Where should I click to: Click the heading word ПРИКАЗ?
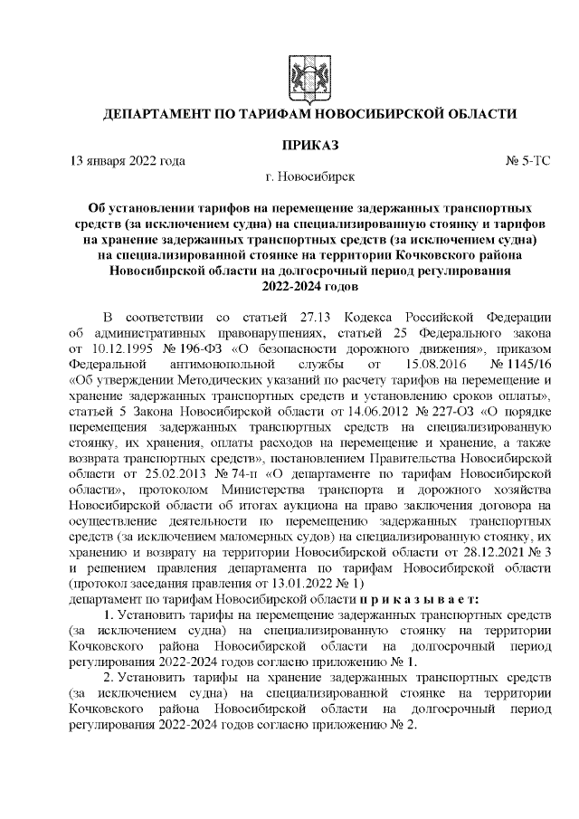click(310, 146)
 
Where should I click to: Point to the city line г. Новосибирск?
click(310, 176)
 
